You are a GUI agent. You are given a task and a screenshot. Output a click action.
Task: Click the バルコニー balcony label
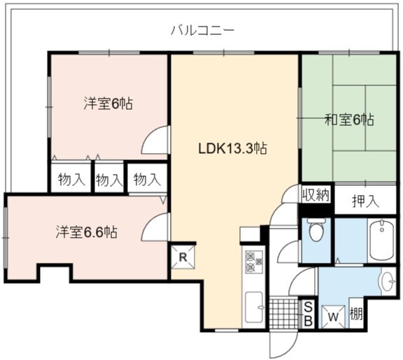click(203, 31)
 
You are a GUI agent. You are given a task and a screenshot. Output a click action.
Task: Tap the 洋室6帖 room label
click(108, 104)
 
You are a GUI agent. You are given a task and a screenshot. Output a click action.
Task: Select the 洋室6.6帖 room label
click(87, 232)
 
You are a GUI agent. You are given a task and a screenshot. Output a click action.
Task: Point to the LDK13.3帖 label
click(233, 148)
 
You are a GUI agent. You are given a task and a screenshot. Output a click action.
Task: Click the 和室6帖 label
click(349, 120)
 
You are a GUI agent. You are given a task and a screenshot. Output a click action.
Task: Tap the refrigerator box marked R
click(183, 257)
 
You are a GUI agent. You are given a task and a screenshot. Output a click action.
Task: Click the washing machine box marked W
click(333, 317)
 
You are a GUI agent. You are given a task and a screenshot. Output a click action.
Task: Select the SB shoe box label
click(308, 314)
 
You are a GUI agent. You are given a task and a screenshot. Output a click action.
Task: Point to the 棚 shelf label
click(356, 314)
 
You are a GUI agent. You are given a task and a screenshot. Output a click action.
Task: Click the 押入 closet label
click(365, 201)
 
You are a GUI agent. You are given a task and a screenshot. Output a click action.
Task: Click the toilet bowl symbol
click(316, 229)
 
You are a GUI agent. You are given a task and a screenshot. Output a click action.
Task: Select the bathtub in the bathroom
click(382, 240)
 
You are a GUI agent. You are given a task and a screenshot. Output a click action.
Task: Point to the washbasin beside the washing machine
click(388, 282)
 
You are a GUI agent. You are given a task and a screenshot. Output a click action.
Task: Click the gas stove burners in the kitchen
click(254, 261)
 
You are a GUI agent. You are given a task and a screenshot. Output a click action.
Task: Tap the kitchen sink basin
click(255, 307)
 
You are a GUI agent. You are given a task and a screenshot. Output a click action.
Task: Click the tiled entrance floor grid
click(284, 312)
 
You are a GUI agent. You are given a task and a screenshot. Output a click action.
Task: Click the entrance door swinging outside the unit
click(284, 344)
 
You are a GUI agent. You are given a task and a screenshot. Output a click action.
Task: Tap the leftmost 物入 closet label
click(71, 179)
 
